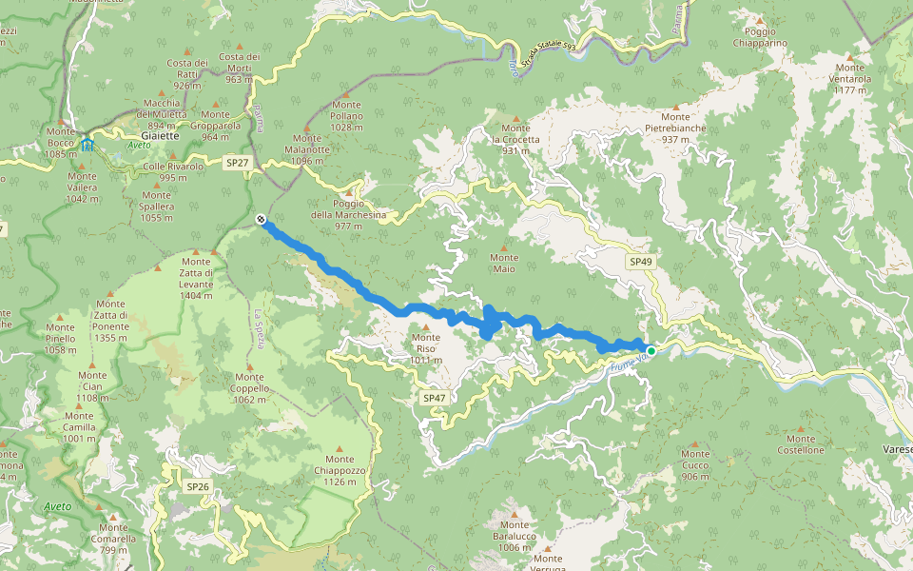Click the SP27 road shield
coord(237,164)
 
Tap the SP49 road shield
coord(640,261)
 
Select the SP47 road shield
coord(433,397)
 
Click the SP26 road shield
coord(197,486)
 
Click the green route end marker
coord(651,351)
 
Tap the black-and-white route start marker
coord(260,221)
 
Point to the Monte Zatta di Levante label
coord(196,279)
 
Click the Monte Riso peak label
coord(426,348)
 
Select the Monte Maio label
coord(504,263)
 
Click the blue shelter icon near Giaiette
coord(87,145)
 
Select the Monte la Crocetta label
coord(515,139)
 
